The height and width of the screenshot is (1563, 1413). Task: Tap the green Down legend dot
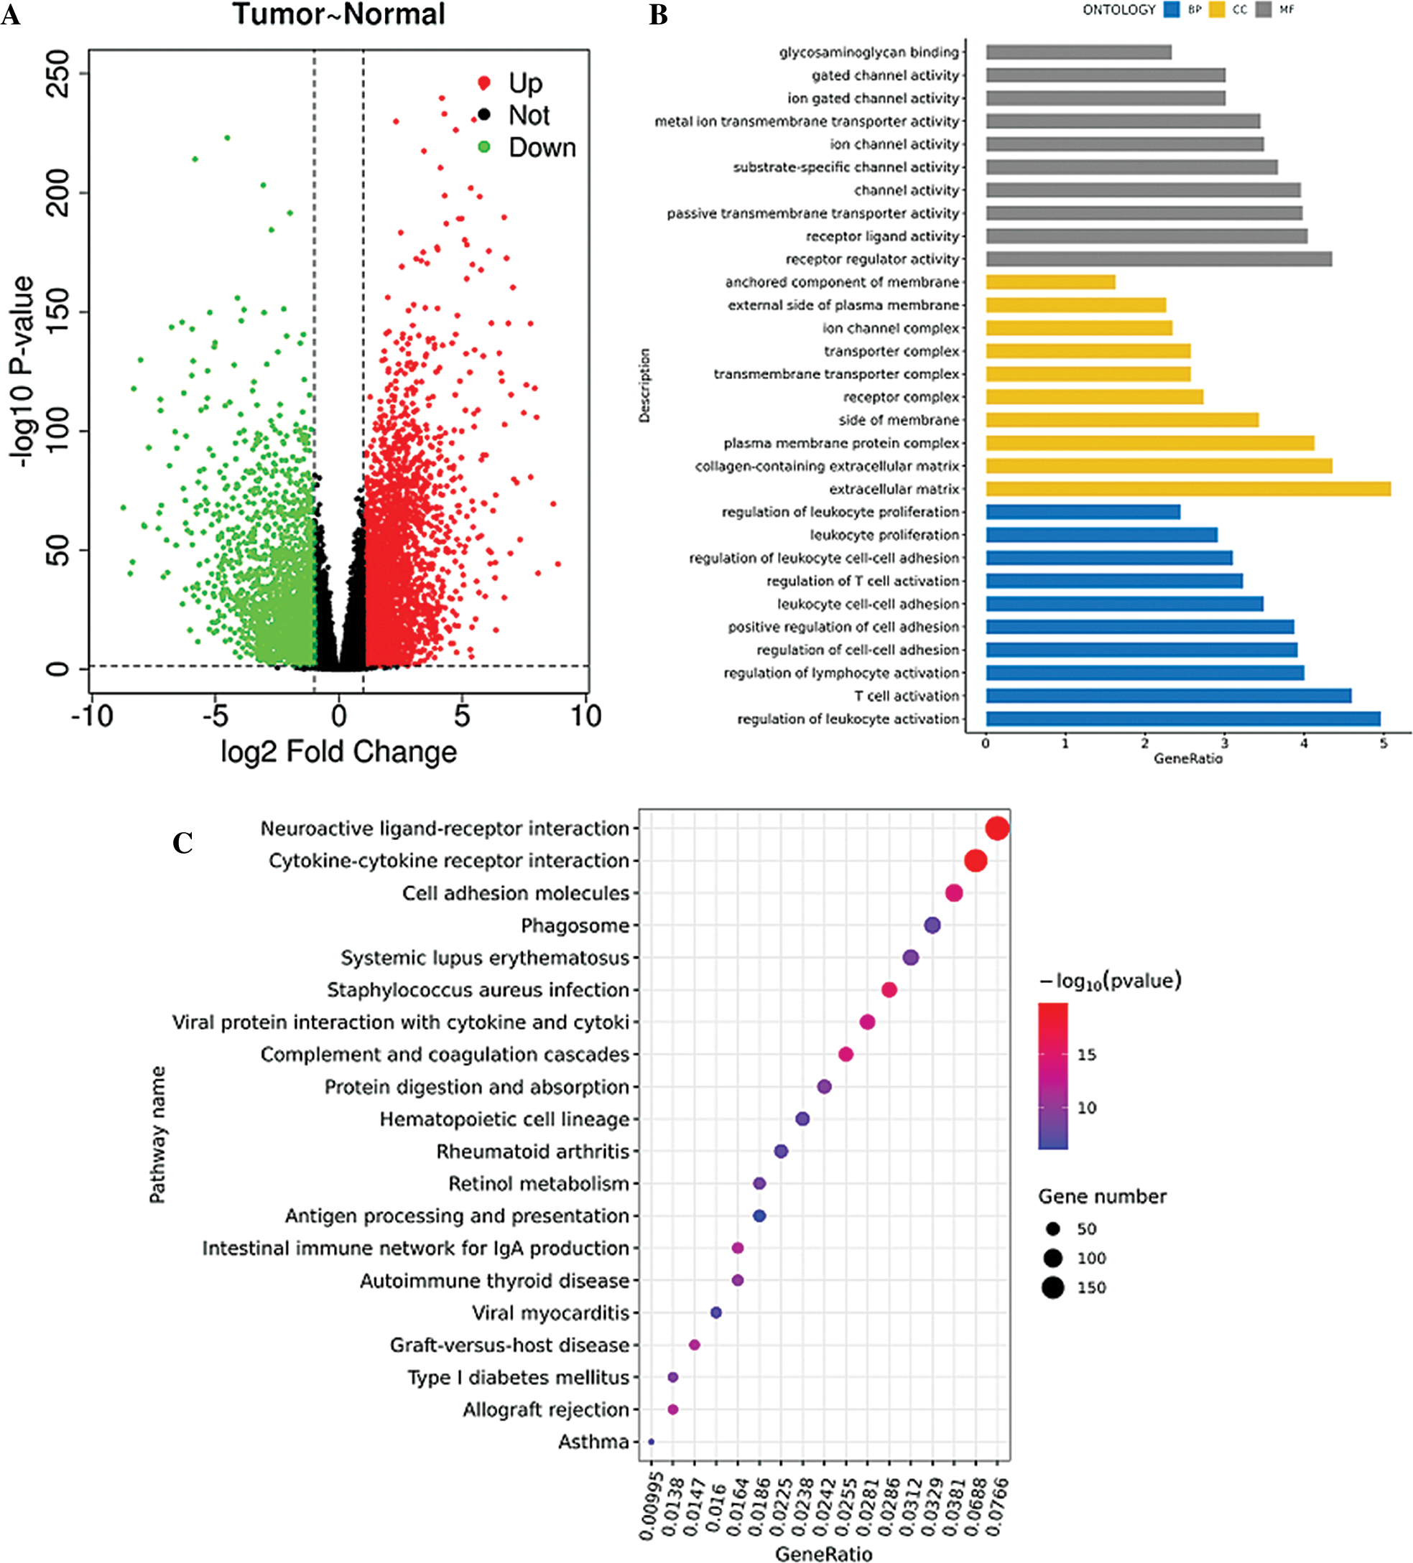pos(484,147)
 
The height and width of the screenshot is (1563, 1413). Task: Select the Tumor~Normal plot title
pos(339,14)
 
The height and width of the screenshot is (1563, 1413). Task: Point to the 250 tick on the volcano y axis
pos(58,74)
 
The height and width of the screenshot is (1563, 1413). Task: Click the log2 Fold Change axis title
pos(339,751)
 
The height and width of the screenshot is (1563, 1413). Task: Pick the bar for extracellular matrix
pos(1187,488)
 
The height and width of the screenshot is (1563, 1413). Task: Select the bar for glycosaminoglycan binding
pos(1078,52)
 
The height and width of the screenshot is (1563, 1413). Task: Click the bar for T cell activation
pos(1168,696)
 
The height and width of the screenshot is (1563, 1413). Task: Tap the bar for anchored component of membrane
pos(1050,282)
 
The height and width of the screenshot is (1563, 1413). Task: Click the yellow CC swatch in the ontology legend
pos(1216,10)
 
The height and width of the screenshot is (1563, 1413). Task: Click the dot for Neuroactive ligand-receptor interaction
pos(997,829)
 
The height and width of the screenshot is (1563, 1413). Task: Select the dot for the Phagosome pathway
pos(932,925)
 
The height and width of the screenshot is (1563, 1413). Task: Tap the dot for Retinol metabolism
pos(759,1183)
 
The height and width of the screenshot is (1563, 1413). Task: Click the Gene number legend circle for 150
pos(1053,1288)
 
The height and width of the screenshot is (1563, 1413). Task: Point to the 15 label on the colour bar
pos(1086,1055)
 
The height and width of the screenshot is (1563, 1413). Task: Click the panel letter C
pos(183,843)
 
